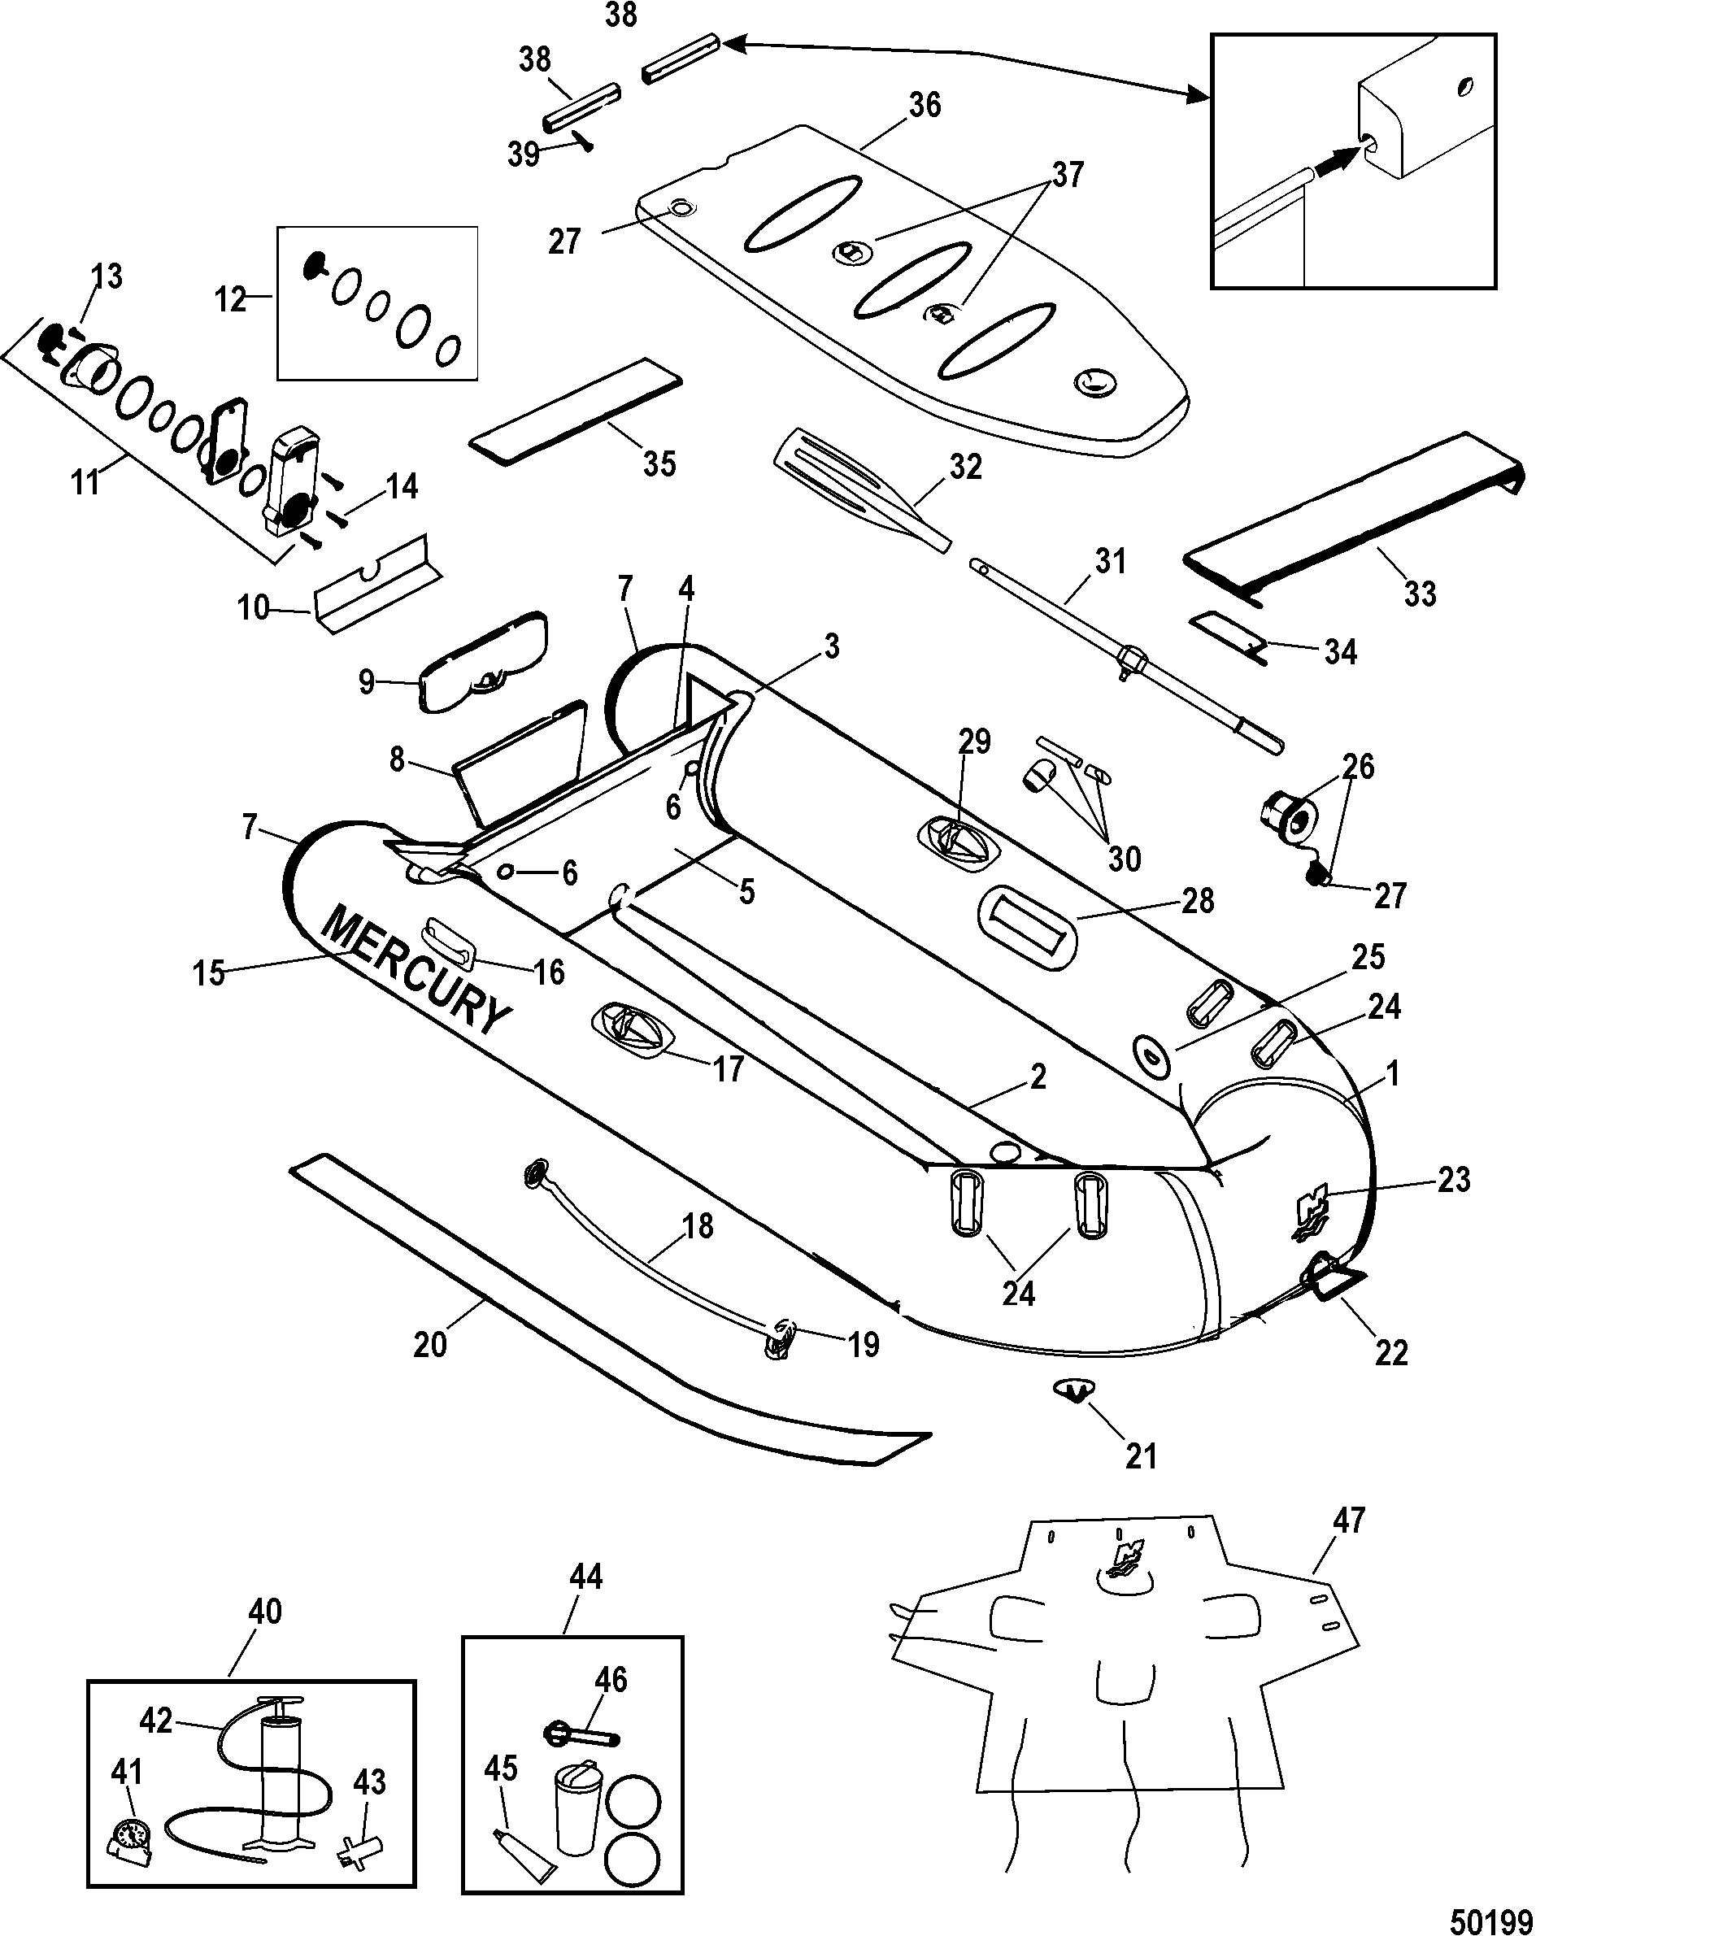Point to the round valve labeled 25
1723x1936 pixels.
1151,1053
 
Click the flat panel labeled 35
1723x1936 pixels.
577,412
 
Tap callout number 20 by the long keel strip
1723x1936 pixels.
431,1343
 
